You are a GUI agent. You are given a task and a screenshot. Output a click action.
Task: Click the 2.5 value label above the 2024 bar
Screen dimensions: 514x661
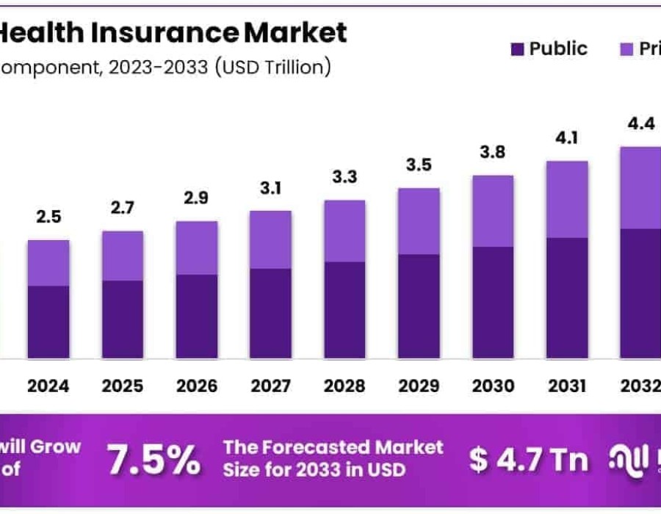coord(48,217)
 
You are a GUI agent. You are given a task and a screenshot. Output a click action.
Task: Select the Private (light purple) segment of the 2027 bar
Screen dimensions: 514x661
coord(270,239)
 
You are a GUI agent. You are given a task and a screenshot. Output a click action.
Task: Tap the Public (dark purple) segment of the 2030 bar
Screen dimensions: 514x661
coord(493,303)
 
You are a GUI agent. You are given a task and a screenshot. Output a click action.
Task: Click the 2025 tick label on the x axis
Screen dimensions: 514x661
coord(122,385)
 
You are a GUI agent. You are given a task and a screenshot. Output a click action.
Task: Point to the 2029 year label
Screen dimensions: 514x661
coord(419,385)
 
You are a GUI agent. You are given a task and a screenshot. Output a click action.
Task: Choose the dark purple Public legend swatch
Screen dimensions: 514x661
coord(516,49)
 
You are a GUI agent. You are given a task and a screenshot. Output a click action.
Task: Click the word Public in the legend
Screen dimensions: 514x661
coord(558,49)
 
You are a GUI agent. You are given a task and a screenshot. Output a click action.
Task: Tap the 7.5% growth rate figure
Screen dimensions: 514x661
coord(153,459)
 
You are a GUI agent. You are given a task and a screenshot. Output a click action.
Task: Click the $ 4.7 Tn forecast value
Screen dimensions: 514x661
coord(529,460)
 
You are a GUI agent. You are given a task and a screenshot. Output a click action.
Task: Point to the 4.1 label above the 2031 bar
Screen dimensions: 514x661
coord(567,137)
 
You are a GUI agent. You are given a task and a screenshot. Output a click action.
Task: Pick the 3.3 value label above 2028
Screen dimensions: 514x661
coord(344,177)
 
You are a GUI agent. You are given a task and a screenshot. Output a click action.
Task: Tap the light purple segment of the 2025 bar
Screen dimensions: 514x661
coord(122,256)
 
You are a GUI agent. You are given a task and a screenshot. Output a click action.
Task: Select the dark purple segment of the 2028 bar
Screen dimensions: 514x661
coord(344,310)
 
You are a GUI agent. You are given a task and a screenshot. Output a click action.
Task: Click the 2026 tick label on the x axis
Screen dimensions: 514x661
coord(196,385)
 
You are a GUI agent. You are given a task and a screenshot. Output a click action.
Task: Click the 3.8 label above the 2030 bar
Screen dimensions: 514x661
coord(493,152)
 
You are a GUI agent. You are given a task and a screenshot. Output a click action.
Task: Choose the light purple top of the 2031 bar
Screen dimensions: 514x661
coord(567,199)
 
